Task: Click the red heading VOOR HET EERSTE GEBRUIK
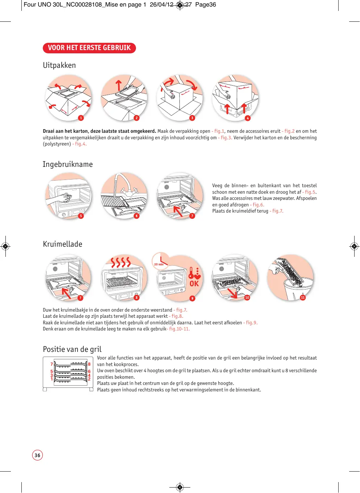pos(89,48)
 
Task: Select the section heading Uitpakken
pos(59,65)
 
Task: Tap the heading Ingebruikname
pos(68,164)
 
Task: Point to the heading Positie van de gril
pos(72,349)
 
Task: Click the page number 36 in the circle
pos(37,455)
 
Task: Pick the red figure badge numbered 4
pos(248,118)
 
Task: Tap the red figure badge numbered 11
pos(303,297)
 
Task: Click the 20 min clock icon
pos(160,260)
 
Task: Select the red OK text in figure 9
pos(194,284)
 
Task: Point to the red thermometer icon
pos(191,273)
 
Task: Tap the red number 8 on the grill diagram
pos(89,364)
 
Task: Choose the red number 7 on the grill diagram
pos(51,364)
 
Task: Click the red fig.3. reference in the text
pos(226,137)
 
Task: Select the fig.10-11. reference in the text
pos(179,329)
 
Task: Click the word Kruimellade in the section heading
pos(63,244)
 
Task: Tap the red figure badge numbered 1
pos(81,118)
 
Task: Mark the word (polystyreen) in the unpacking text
pos(57,144)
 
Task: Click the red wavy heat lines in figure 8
pos(121,262)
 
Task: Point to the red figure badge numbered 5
pos(81,216)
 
